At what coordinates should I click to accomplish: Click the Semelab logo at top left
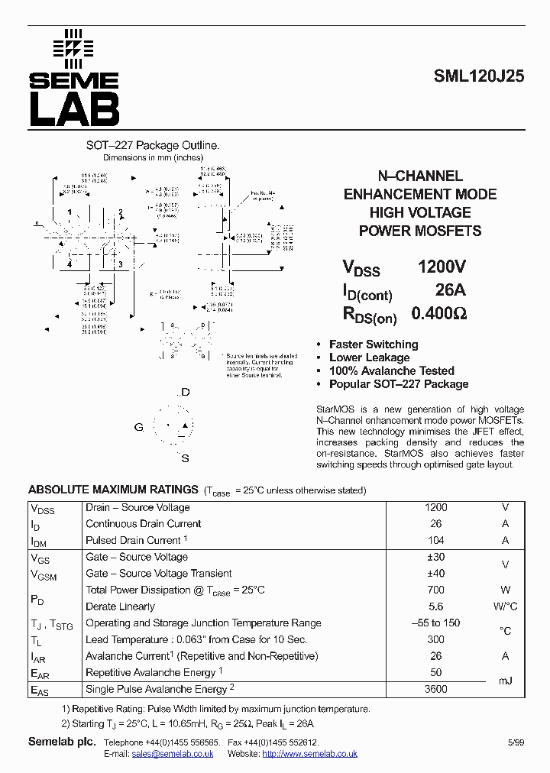[74, 78]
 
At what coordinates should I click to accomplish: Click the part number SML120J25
[478, 76]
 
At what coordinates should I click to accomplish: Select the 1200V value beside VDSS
[441, 267]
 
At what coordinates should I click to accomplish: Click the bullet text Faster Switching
[374, 344]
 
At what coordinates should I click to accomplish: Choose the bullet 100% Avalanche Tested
[391, 370]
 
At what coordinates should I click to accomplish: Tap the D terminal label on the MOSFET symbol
[185, 392]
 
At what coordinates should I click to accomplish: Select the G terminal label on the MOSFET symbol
[138, 427]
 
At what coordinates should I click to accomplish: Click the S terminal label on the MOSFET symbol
[185, 458]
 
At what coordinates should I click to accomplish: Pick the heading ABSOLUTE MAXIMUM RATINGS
[113, 490]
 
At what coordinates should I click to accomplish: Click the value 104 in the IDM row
[435, 540]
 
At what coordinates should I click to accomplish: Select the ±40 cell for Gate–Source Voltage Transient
[435, 574]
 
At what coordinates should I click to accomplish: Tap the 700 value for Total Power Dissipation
[435, 590]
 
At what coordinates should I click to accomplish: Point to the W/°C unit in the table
[504, 606]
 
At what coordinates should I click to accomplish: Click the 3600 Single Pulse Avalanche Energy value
[435, 689]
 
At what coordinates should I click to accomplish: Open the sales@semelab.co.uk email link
[172, 754]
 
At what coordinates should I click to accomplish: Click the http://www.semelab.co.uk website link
[309, 754]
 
